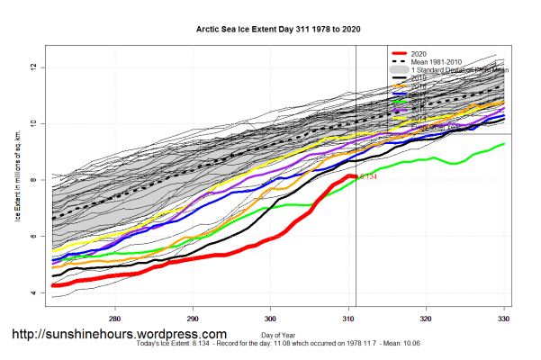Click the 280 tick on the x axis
tap(115, 318)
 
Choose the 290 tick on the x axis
tap(193, 318)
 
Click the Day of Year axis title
tap(277, 335)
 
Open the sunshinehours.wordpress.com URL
tap(119, 334)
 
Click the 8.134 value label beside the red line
tap(367, 177)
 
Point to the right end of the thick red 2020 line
tap(356, 176)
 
